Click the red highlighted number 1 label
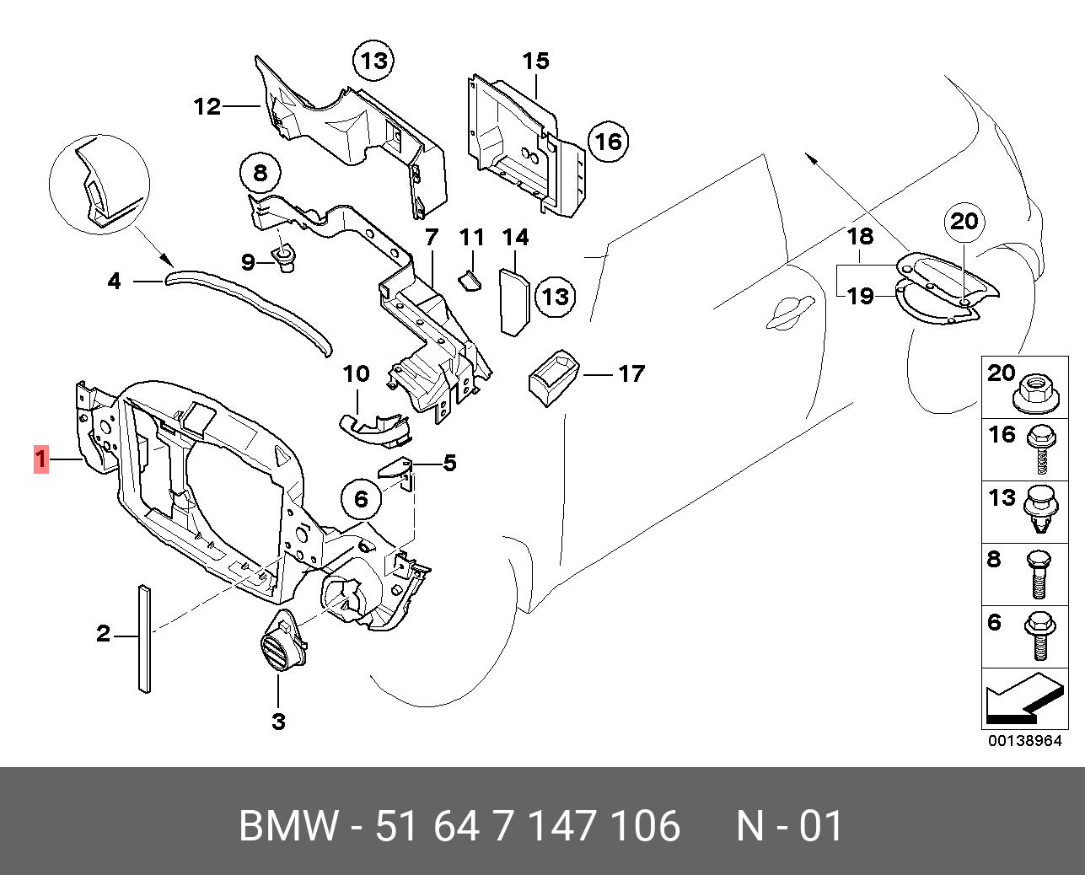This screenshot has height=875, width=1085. pyautogui.click(x=40, y=459)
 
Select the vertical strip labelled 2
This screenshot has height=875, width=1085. pyautogui.click(x=144, y=639)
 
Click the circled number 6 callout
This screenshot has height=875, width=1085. pyautogui.click(x=362, y=499)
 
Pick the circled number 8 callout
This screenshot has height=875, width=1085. pyautogui.click(x=261, y=173)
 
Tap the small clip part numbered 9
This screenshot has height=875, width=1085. pyautogui.click(x=284, y=258)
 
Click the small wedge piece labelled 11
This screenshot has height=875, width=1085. pyautogui.click(x=470, y=281)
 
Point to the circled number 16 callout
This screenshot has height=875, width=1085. pyautogui.click(x=609, y=142)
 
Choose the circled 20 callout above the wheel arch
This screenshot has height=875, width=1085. pyautogui.click(x=964, y=221)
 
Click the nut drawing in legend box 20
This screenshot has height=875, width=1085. pyautogui.click(x=1036, y=393)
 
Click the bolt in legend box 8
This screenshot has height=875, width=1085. pyautogui.click(x=1039, y=574)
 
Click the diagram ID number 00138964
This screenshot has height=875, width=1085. pyautogui.click(x=1025, y=741)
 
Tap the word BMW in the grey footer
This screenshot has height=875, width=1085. pyautogui.click(x=287, y=826)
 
